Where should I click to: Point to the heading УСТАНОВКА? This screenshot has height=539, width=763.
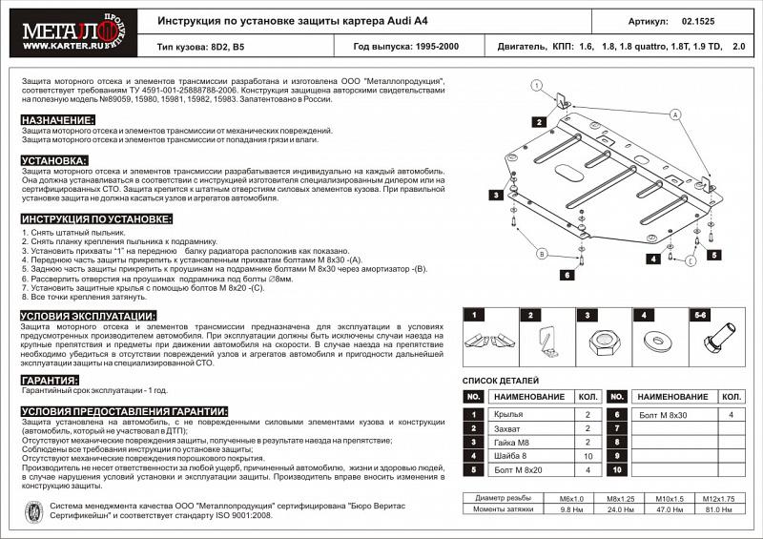tap(54, 160)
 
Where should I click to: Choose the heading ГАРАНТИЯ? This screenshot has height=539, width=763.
tap(50, 379)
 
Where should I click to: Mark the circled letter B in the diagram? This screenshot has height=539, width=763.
tap(540, 254)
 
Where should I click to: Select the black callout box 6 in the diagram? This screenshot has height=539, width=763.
tap(566, 275)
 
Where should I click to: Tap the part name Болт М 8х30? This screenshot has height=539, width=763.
tap(666, 415)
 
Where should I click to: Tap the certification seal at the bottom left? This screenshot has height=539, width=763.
tap(30, 510)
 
